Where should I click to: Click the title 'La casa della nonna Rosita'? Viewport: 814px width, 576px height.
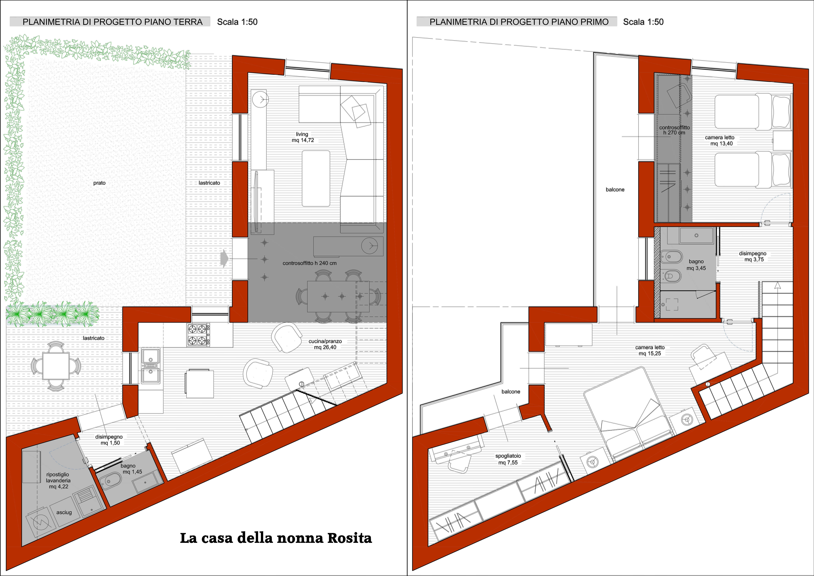[x=276, y=538]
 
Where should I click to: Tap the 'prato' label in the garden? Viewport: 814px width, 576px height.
[x=99, y=183]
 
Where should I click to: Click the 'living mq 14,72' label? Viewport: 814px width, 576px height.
[x=302, y=137]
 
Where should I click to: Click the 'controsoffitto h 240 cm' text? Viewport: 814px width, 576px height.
[x=309, y=263]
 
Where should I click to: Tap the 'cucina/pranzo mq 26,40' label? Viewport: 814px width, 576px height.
[x=325, y=344]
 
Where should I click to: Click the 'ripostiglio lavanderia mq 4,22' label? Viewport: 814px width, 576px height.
[x=58, y=480]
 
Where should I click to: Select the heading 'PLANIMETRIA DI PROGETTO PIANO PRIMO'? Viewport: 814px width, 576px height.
[x=519, y=22]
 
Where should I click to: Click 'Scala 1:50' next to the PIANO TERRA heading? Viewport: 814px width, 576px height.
[x=237, y=22]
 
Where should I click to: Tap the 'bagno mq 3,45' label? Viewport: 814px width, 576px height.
[x=696, y=265]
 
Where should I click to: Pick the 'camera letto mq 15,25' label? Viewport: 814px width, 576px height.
[x=650, y=350]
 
